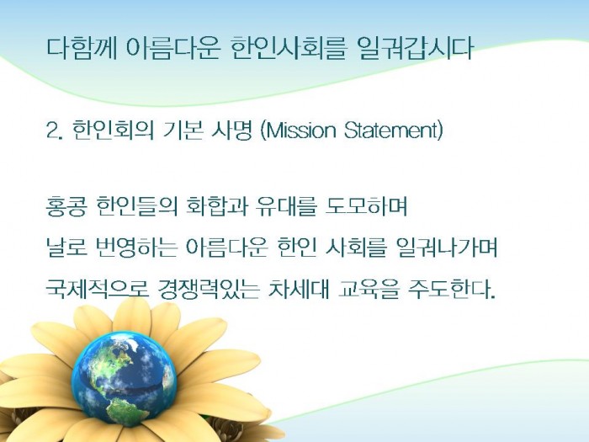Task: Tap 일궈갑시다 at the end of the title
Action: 414,49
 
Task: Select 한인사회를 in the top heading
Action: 287,49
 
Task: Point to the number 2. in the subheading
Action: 54,130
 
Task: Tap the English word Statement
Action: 393,130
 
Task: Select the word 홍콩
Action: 66,206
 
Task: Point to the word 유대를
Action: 286,206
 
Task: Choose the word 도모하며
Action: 366,206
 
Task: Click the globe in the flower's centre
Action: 124,379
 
